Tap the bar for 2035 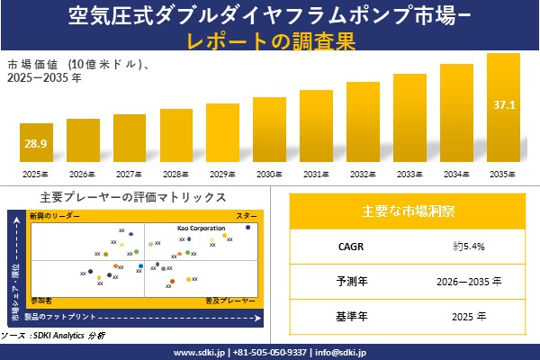[x=503, y=108]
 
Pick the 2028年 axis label [x=176, y=174]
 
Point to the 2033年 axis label [x=409, y=174]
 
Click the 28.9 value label [x=36, y=143]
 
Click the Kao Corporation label [x=201, y=229]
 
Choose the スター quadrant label [x=246, y=217]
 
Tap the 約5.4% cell [x=468, y=245]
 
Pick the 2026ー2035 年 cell [x=468, y=281]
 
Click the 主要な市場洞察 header [x=408, y=211]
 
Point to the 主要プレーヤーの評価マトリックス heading [x=133, y=197]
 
